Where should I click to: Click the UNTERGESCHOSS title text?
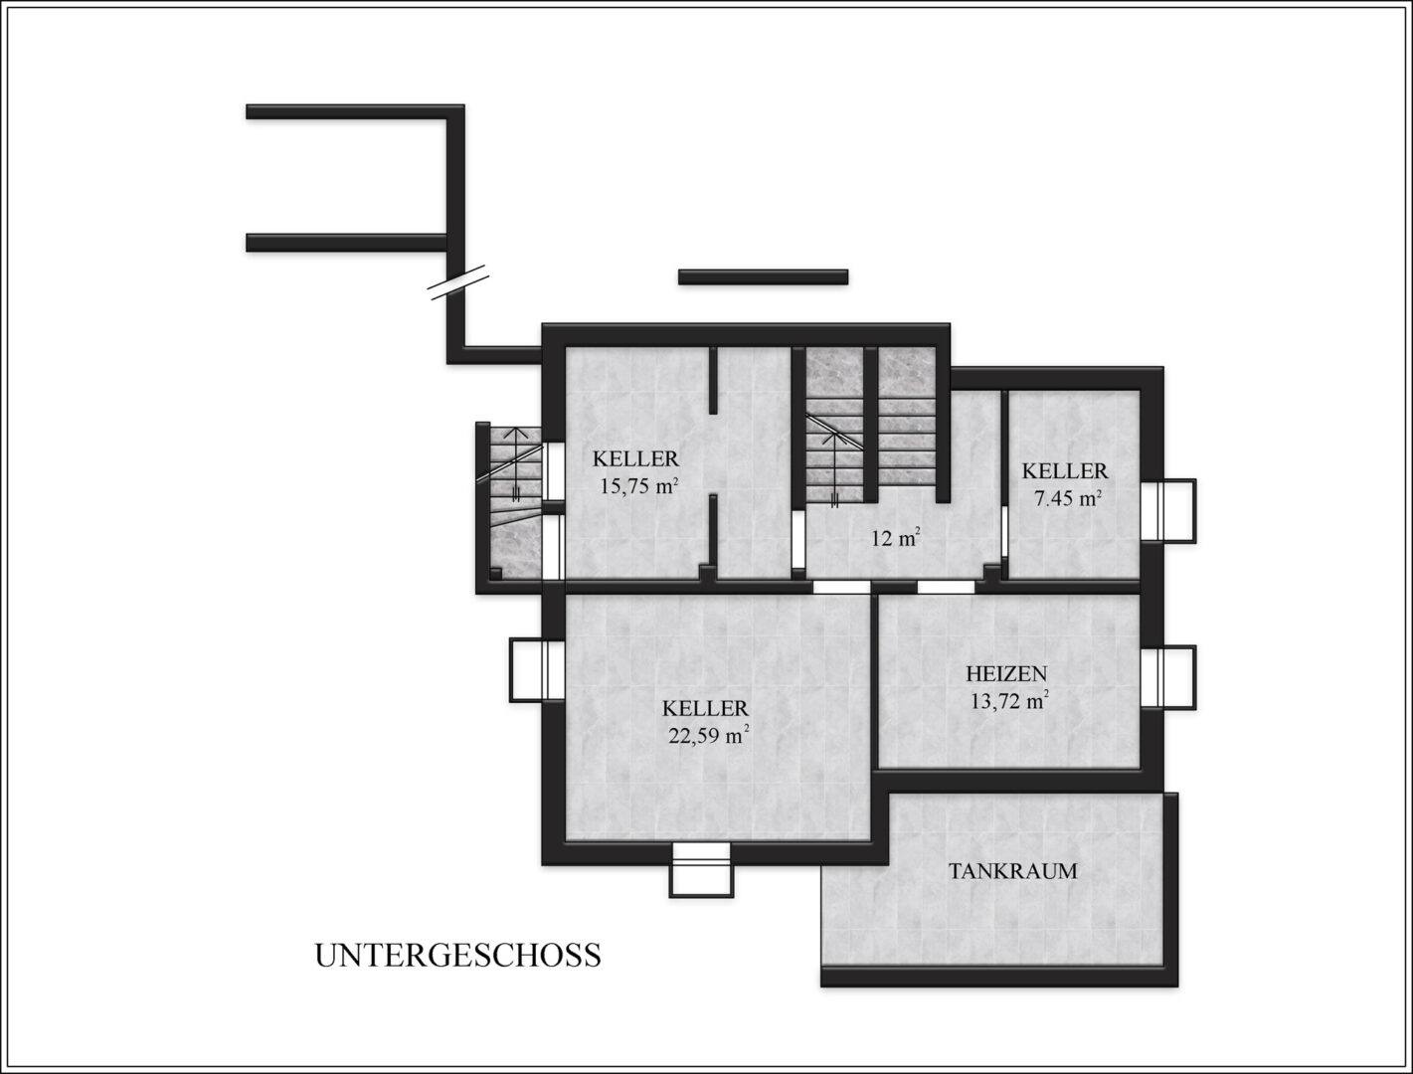tap(457, 956)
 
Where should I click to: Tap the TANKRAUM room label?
tap(1012, 871)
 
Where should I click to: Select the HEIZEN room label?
tap(1006, 674)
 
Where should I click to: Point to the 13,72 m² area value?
tap(1007, 701)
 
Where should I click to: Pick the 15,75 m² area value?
tap(639, 485)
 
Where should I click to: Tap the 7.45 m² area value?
tap(1066, 498)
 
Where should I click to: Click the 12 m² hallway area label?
tap(896, 538)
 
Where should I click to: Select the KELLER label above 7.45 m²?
tap(1065, 471)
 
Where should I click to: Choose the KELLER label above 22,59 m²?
tap(706, 708)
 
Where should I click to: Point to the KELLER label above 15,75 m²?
tap(636, 458)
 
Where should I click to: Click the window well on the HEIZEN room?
tap(1169, 677)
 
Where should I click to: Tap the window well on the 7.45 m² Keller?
tap(1169, 511)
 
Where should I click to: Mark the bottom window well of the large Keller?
tap(702, 870)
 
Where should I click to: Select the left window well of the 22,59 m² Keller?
tap(537, 670)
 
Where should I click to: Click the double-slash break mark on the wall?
tap(458, 283)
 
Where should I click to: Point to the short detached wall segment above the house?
tap(763, 276)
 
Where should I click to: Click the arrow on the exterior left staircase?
tap(515, 464)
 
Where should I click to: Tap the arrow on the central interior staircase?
tap(835, 469)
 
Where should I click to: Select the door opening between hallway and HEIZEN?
tap(946, 587)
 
